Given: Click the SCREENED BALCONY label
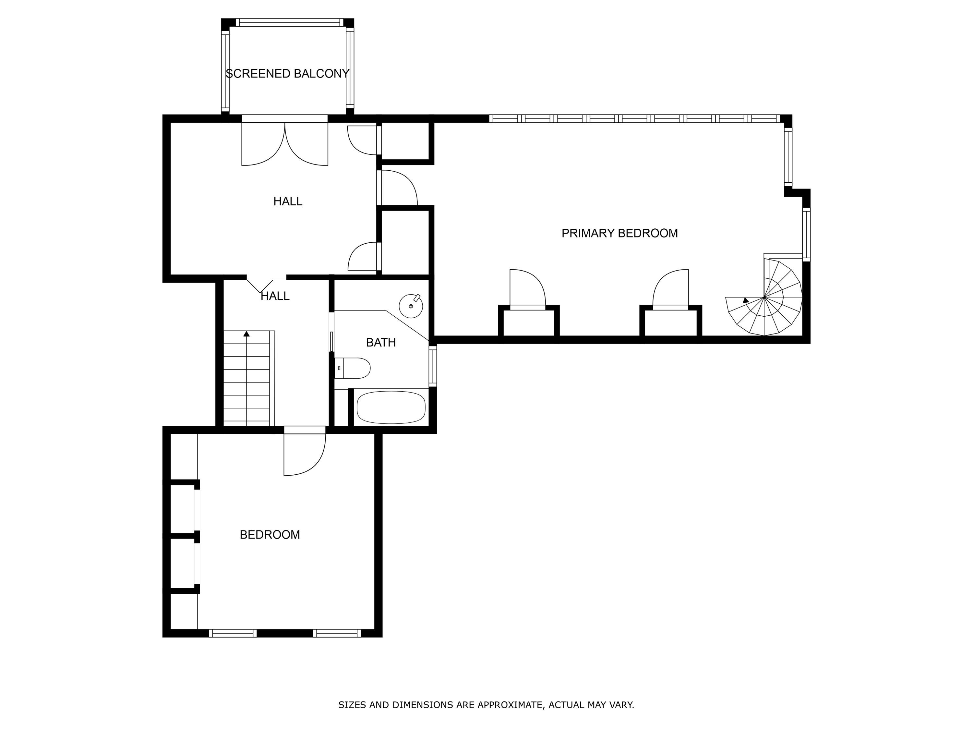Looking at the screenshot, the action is point(287,73).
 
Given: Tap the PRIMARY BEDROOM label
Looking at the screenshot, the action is point(619,233).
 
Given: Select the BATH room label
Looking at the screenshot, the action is point(381,342).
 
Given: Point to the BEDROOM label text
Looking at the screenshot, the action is point(270,535).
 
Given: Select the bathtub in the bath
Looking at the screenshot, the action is point(391,408).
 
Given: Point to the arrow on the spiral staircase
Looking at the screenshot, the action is point(745,300).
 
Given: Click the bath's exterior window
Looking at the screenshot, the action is point(433,366).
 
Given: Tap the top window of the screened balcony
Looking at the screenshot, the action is point(289,22).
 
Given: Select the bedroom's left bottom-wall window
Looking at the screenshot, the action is point(232,633).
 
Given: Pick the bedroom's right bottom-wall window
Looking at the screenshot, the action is point(337,633).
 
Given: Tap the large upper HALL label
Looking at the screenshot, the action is point(288,201).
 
